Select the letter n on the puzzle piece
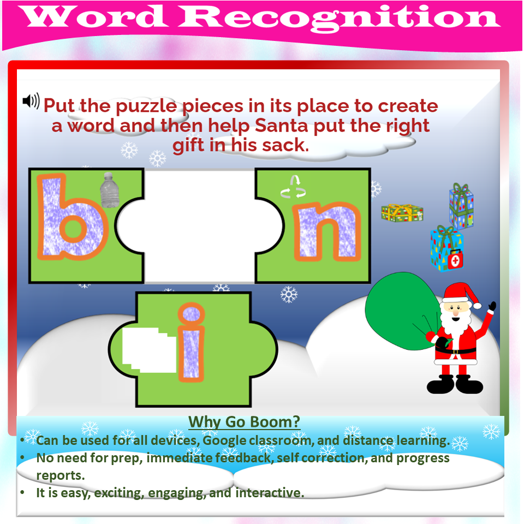click(x=326, y=231)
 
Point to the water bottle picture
click(x=109, y=189)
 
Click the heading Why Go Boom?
click(x=244, y=422)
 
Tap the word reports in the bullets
click(x=60, y=475)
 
